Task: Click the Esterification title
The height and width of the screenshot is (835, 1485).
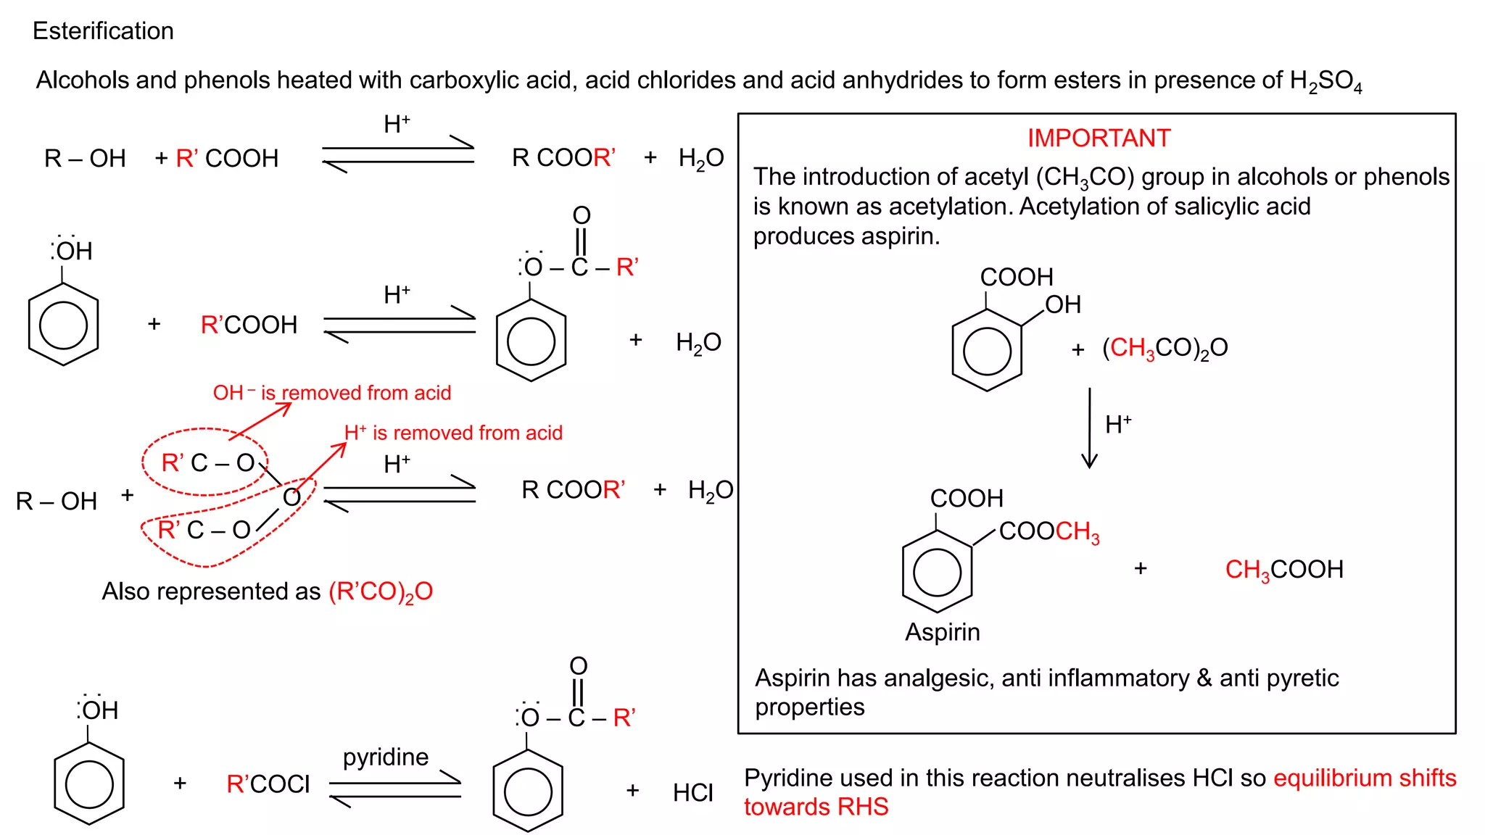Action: click(x=103, y=31)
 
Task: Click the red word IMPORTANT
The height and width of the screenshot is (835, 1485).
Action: click(x=1099, y=138)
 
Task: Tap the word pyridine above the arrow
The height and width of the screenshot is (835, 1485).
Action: click(x=386, y=757)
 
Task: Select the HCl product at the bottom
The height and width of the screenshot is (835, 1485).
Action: click(x=692, y=792)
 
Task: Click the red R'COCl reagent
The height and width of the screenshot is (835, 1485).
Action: click(x=268, y=784)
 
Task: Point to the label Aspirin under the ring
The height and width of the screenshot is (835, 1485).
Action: click(x=942, y=632)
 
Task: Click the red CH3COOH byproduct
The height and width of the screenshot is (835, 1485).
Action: click(x=1283, y=570)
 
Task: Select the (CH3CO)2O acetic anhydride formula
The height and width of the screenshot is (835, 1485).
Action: click(x=1165, y=348)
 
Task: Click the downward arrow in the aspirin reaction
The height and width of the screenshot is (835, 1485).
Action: click(x=1089, y=428)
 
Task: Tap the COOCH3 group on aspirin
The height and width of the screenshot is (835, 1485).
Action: click(x=1048, y=531)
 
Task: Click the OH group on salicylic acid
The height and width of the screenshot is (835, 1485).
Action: click(x=1062, y=304)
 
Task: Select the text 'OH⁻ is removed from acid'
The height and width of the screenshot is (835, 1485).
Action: click(x=331, y=393)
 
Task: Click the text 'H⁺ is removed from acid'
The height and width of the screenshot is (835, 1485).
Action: click(x=453, y=433)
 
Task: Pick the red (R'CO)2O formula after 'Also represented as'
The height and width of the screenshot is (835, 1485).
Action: click(x=380, y=592)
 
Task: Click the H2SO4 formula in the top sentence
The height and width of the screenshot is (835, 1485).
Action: click(x=1325, y=81)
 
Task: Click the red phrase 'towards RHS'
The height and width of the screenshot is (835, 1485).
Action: click(x=816, y=807)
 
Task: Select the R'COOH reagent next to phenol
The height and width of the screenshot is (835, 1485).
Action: click(x=249, y=325)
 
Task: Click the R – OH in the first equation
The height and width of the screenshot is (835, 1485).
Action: click(x=85, y=158)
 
